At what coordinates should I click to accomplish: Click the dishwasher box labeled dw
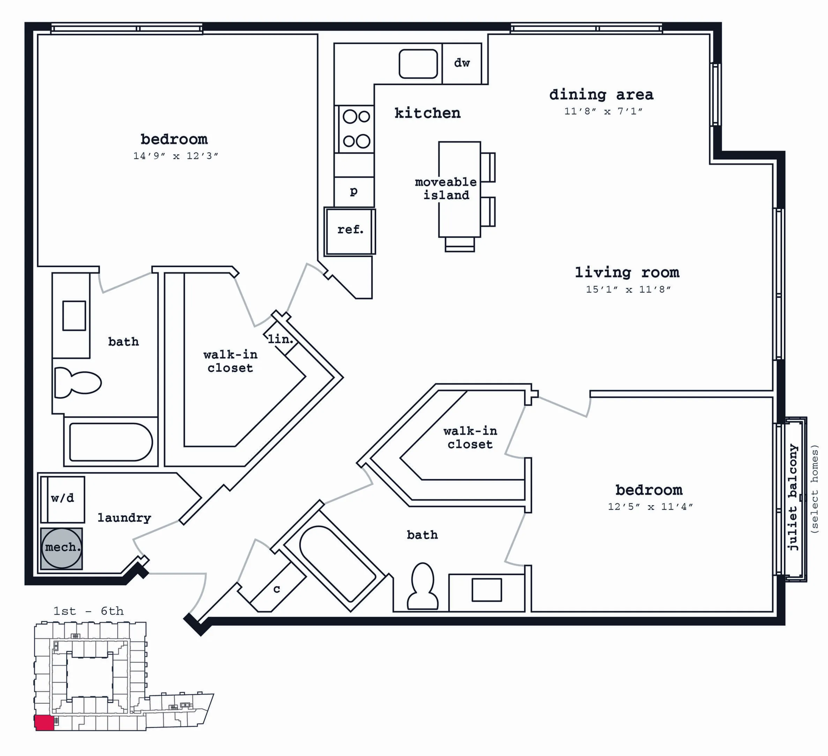[x=462, y=63]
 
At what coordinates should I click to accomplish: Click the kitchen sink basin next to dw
[x=418, y=63]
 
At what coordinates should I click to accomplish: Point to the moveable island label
[x=446, y=188]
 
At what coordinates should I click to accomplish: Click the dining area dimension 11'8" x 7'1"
[x=603, y=111]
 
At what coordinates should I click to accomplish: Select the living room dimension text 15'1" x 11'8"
[x=628, y=289]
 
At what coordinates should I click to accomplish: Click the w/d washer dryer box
[x=62, y=499]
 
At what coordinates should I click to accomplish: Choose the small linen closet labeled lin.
[x=281, y=339]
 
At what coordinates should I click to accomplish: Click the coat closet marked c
[x=277, y=589]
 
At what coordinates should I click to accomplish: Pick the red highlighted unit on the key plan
[x=44, y=723]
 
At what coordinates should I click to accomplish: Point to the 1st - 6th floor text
[x=88, y=611]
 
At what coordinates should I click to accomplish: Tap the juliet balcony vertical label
[x=793, y=497]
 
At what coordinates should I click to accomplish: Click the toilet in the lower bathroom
[x=422, y=586]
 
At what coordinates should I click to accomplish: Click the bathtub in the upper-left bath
[x=111, y=442]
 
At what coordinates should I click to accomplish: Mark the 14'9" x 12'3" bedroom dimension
[x=176, y=156]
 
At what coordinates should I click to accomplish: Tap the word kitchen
[x=427, y=113]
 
